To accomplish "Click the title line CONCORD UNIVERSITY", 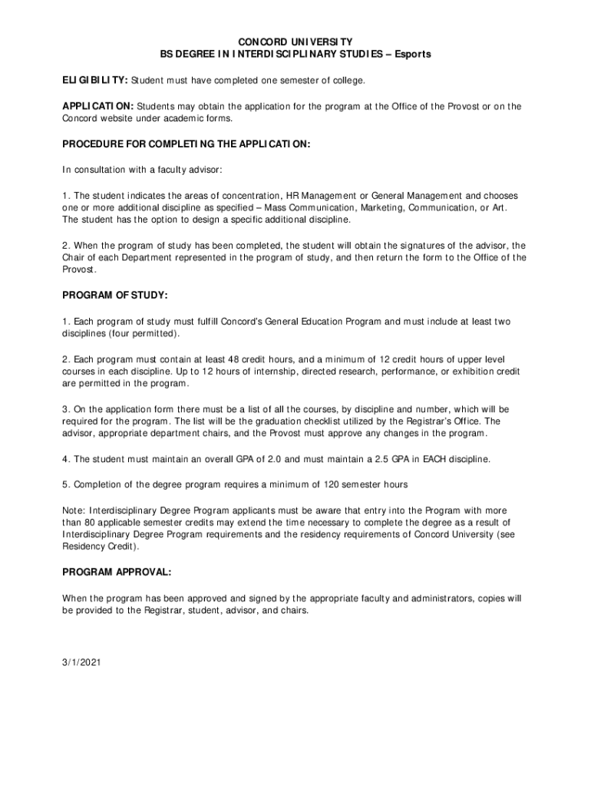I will pyautogui.click(x=295, y=41).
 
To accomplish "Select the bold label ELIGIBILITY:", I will pyautogui.click(x=95, y=81).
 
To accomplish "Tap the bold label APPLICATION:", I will pyautogui.click(x=98, y=106).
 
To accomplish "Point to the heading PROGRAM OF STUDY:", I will pyautogui.click(x=115, y=296).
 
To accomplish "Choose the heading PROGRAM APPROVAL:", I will pyautogui.click(x=117, y=573).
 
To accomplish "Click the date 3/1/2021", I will pyautogui.click(x=81, y=661).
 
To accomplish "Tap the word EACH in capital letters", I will pyautogui.click(x=423, y=459).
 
